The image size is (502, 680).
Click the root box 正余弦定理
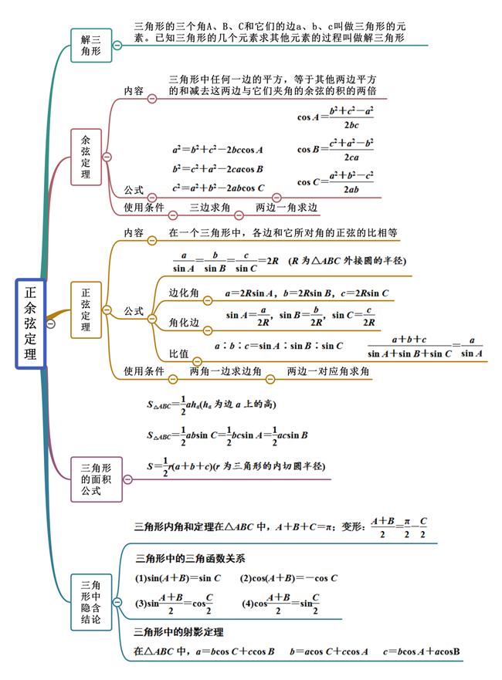coord(30,323)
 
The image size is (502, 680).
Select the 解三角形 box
coord(91,46)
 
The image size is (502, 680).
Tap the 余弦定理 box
coord(86,157)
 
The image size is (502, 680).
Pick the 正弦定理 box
coord(86,310)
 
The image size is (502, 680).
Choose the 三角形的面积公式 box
coord(97,479)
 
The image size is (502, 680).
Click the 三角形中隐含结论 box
coord(91,602)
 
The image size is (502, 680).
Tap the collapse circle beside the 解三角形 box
coord(117,45)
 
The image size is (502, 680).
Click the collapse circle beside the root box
coord(51,323)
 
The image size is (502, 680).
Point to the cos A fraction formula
coord(335,117)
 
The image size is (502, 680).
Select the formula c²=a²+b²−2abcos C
coord(219,188)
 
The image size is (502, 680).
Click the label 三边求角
coord(210,208)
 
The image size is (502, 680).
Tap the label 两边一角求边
coord(287,208)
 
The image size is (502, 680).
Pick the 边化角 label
coord(184,293)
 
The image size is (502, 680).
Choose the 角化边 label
coord(184,322)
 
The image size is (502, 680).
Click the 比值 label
coord(178,354)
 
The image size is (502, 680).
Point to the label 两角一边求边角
coord(226,371)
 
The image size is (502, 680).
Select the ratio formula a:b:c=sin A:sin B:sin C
coord(279,346)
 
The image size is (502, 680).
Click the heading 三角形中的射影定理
coord(178,632)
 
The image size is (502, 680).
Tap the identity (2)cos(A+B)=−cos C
coord(289,578)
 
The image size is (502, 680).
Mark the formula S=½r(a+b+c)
coord(236,467)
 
